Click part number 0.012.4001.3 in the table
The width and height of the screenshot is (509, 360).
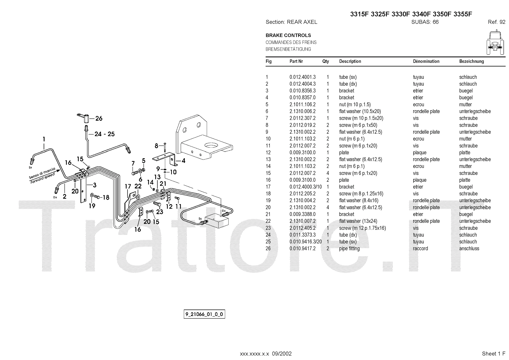pos(302,77)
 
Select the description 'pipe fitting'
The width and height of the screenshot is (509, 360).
pos(349,249)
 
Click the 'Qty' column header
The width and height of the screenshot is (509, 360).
pos(325,61)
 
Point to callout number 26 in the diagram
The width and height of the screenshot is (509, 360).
pos(99,119)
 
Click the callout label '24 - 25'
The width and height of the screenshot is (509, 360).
pos(104,134)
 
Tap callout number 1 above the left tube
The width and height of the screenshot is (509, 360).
pos(44,139)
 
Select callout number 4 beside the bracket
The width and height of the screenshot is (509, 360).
pos(183,161)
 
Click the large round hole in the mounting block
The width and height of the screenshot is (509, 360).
pos(211,145)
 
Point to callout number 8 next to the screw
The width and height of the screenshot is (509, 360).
pos(157,146)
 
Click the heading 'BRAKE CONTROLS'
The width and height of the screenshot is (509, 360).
pos(288,35)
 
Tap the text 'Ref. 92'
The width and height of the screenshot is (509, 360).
pos(496,22)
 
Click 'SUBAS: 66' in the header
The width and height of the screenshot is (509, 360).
pos(425,22)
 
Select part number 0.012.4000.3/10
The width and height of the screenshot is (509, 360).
pos(305,187)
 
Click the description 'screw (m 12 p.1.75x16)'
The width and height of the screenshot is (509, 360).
pos(362,228)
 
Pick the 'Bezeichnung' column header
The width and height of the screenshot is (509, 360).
pos(471,61)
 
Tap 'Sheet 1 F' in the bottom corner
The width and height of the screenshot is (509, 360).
pos(493,354)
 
